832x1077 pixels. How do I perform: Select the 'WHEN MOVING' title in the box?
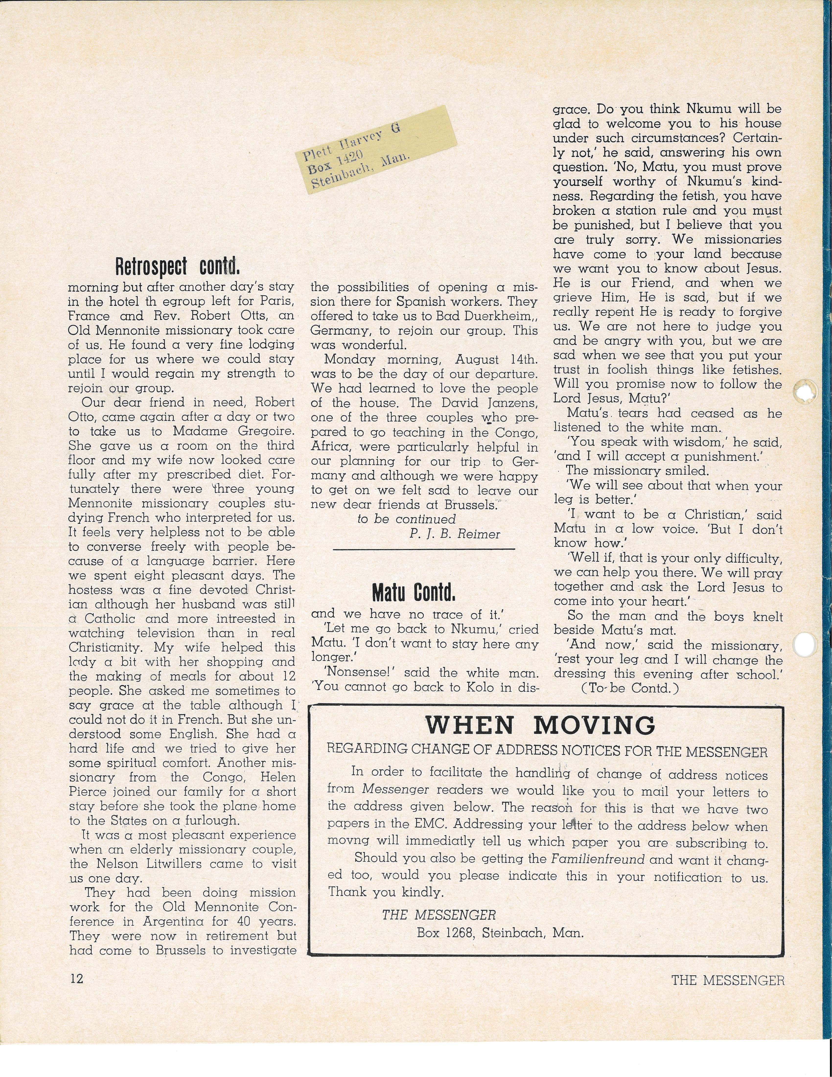(x=540, y=726)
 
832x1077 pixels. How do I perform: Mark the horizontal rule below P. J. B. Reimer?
(x=424, y=549)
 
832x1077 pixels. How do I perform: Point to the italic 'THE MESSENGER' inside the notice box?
(x=439, y=915)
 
